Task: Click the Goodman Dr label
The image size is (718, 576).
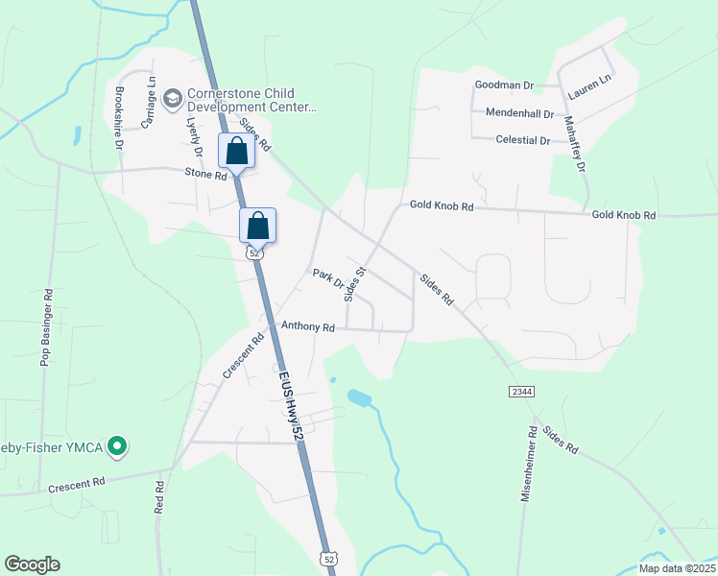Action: point(504,85)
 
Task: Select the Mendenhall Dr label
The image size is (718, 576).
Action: point(520,113)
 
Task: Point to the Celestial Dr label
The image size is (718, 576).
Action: point(522,140)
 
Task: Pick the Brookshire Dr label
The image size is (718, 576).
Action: point(118,118)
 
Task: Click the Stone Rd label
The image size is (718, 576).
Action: point(205,174)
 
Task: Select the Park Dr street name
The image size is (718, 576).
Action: point(328,279)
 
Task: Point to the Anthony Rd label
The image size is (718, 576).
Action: point(307,327)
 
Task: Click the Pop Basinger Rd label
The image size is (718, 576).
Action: point(44,325)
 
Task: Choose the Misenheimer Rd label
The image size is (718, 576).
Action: point(529,466)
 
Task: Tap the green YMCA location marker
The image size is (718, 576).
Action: point(117,445)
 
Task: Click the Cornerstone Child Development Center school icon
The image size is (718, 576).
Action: point(173,98)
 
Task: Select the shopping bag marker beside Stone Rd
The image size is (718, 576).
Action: point(236,152)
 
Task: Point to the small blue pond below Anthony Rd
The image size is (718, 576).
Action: point(359,396)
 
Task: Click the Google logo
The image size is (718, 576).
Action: point(32,564)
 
